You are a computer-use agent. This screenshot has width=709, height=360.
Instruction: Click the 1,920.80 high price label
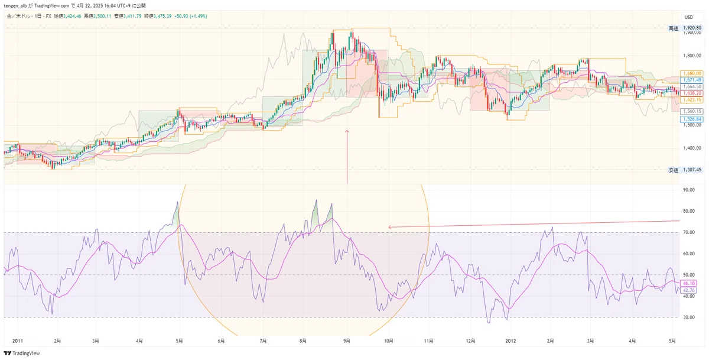click(x=692, y=28)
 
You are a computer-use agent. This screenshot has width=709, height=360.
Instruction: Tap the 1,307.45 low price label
click(x=692, y=170)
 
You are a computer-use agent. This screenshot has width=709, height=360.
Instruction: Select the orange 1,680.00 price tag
click(x=691, y=73)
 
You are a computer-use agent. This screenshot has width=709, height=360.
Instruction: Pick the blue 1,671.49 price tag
click(x=691, y=80)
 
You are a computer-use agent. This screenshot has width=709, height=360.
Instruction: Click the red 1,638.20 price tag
click(x=691, y=93)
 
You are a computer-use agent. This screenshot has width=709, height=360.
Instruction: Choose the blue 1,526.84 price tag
click(x=691, y=119)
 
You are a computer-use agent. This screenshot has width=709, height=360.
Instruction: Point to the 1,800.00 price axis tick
click(x=692, y=56)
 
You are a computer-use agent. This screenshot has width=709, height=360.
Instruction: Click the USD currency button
click(x=689, y=17)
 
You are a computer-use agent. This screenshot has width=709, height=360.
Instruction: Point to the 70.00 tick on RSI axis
click(x=689, y=232)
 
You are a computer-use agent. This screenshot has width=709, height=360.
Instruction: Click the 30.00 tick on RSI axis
click(x=689, y=317)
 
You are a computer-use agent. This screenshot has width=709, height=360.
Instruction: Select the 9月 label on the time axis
click(x=347, y=341)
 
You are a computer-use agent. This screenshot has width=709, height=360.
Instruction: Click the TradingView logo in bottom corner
click(x=22, y=353)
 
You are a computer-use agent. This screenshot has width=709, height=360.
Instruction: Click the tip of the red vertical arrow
click(x=347, y=130)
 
